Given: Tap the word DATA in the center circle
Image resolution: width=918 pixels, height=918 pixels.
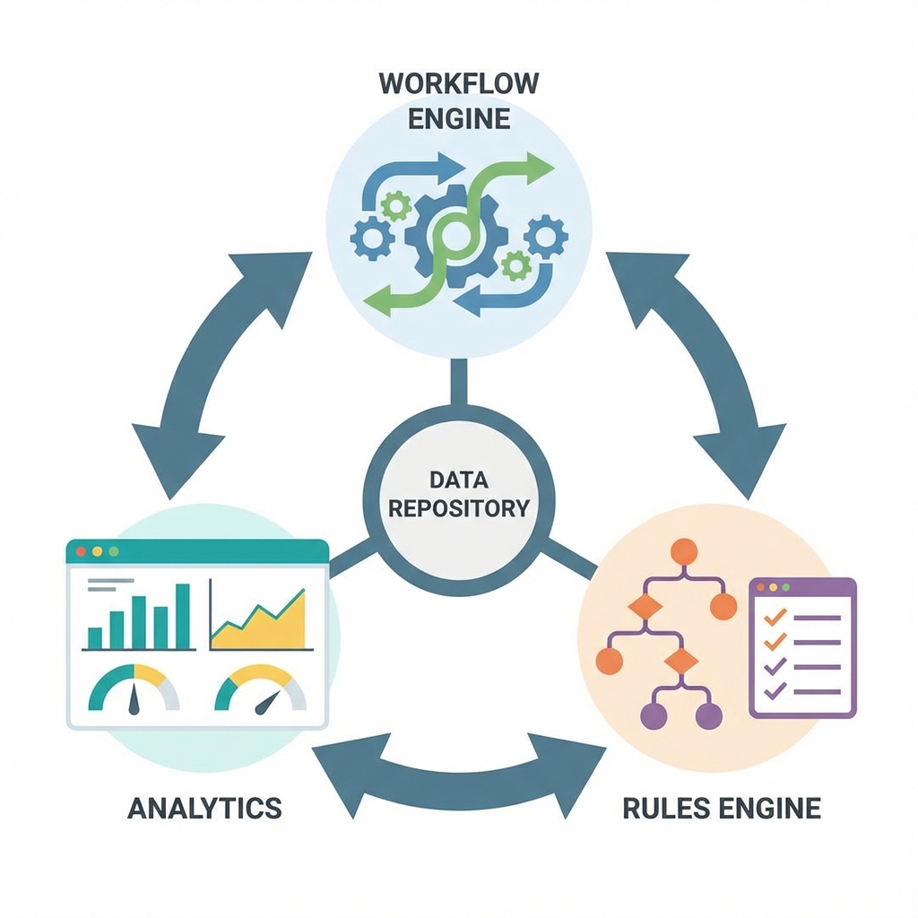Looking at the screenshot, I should coord(458,480).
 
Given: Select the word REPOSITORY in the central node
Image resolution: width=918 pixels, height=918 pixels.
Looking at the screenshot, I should coord(458,508).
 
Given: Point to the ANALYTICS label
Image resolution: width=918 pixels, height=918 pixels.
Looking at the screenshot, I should coord(204,807).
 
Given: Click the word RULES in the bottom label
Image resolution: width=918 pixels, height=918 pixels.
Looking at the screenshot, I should coord(661,807).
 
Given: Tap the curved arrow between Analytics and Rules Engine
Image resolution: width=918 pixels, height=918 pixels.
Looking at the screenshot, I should coord(456,772).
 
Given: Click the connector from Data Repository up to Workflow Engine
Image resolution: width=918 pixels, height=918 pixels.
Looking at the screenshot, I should coord(458,381).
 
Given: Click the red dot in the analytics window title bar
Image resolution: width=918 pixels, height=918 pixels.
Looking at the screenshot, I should coord(81,550).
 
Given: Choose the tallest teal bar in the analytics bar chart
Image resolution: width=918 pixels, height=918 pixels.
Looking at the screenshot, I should coord(183,616).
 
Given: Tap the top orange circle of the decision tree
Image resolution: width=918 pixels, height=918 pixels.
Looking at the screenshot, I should coord(684,550).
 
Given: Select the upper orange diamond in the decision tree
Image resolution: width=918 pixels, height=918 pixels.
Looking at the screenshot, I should coord(645,607).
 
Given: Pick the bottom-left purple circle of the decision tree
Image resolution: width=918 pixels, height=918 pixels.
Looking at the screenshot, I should coord(655,715).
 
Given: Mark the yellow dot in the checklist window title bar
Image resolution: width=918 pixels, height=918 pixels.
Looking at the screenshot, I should coord(774,586).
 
